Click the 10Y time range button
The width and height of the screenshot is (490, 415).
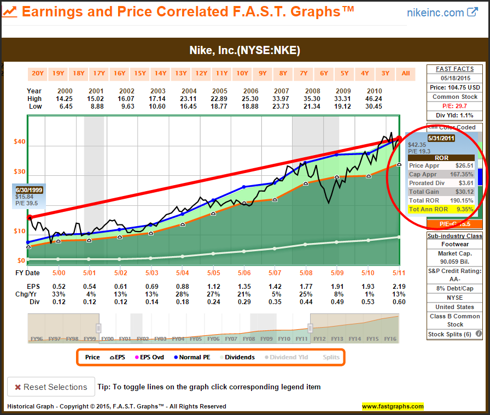(242, 73)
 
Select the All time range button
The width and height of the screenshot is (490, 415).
(405, 73)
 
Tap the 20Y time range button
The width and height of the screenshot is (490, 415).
(38, 73)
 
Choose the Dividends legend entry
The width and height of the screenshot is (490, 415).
(238, 357)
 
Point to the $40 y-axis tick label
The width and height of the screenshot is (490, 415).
(19, 142)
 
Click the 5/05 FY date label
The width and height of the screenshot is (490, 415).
(214, 272)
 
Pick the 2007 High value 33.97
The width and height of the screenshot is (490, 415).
(283, 99)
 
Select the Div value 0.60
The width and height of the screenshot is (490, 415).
(399, 301)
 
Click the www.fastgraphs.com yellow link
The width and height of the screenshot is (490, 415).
(393, 406)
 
